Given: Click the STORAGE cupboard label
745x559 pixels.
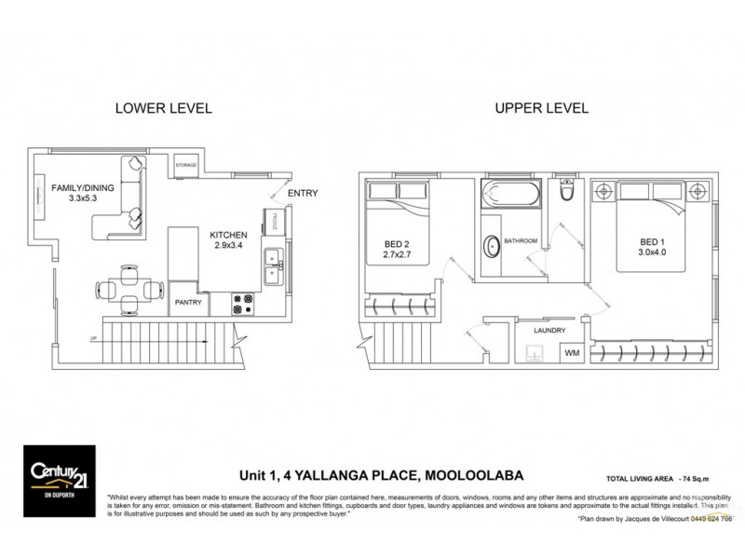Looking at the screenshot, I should pyautogui.click(x=185, y=166).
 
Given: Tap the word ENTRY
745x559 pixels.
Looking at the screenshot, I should pyautogui.click(x=302, y=194).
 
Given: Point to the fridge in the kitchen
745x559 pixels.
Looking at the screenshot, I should pyautogui.click(x=275, y=223).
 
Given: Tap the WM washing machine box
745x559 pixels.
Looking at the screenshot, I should pyautogui.click(x=568, y=352).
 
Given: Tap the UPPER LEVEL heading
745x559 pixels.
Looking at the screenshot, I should pyautogui.click(x=541, y=108).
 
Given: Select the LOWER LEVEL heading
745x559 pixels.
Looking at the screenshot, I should pyautogui.click(x=163, y=108).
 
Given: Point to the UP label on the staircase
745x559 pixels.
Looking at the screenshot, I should pyautogui.click(x=92, y=337).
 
